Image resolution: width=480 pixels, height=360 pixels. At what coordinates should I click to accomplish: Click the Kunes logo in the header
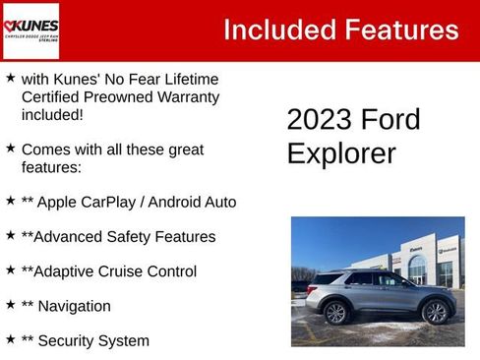pyautogui.click(x=31, y=30)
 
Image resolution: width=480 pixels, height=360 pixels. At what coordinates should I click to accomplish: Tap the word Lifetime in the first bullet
pyautogui.click(x=187, y=79)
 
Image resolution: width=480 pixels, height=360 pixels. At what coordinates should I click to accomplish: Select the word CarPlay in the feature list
pyautogui.click(x=117, y=202)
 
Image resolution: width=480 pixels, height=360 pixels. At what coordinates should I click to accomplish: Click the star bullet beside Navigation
pyautogui.click(x=10, y=304)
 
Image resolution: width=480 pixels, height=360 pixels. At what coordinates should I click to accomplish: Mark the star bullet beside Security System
pyautogui.click(x=10, y=338)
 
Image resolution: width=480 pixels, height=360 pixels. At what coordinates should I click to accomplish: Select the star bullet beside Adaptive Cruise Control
pyautogui.click(x=10, y=269)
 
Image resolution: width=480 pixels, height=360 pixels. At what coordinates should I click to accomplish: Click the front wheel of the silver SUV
pyautogui.click(x=433, y=313)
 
